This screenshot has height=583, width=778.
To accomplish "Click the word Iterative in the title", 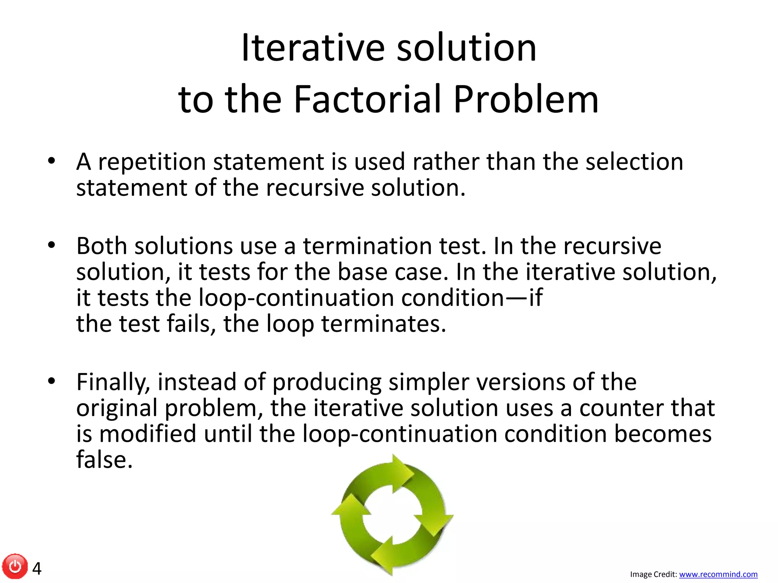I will tap(313, 48).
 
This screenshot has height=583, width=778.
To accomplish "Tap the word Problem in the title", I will tap(526, 99).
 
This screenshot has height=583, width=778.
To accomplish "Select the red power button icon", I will tap(15, 567).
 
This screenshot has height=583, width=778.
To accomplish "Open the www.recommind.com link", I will tap(718, 575).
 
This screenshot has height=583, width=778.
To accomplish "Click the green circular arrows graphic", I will tap(392, 515).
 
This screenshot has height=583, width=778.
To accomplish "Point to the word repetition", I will tap(152, 162).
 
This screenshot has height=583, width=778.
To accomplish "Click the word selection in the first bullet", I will tap(634, 162).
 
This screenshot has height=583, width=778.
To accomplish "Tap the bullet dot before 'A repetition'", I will tap(52, 161).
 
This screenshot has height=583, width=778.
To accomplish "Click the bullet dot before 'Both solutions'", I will tap(52, 245).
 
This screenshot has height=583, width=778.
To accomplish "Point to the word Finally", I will tap(113, 383).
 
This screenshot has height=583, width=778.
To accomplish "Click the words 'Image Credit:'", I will tap(653, 575).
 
